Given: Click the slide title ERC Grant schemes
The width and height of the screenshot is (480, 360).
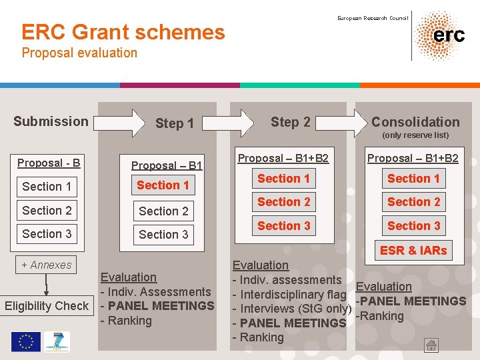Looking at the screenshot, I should (x=123, y=32).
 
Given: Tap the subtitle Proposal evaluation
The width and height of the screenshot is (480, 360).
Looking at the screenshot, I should (x=79, y=53).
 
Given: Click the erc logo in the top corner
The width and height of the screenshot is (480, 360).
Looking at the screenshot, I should (x=440, y=35).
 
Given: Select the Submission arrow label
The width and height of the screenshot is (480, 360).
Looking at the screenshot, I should (x=51, y=121).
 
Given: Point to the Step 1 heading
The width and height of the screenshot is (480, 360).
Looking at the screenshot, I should (x=174, y=123).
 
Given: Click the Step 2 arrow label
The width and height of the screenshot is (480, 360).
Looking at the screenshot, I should (x=290, y=122).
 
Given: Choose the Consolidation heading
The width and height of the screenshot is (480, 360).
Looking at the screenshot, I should (x=415, y=122).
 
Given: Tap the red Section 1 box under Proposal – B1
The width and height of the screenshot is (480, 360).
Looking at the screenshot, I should (x=163, y=185).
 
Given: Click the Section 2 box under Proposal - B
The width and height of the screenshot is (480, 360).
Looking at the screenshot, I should (x=47, y=211).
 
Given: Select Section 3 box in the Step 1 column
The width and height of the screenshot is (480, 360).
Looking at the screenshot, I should (x=163, y=235).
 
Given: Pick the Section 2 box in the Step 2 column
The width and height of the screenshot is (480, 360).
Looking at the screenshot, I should (x=284, y=202).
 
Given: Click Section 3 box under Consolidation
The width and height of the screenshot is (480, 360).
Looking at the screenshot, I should (x=413, y=226).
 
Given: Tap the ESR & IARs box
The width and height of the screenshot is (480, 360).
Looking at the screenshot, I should (x=413, y=251).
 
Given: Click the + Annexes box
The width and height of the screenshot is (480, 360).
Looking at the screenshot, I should (x=47, y=265).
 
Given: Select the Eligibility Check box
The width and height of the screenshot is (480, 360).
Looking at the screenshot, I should (x=47, y=306).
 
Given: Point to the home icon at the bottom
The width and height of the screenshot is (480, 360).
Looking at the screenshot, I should (x=432, y=345).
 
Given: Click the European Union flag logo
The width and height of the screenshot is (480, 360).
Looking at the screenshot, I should (x=25, y=342).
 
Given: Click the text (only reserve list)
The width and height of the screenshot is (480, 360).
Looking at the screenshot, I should (x=415, y=135).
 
